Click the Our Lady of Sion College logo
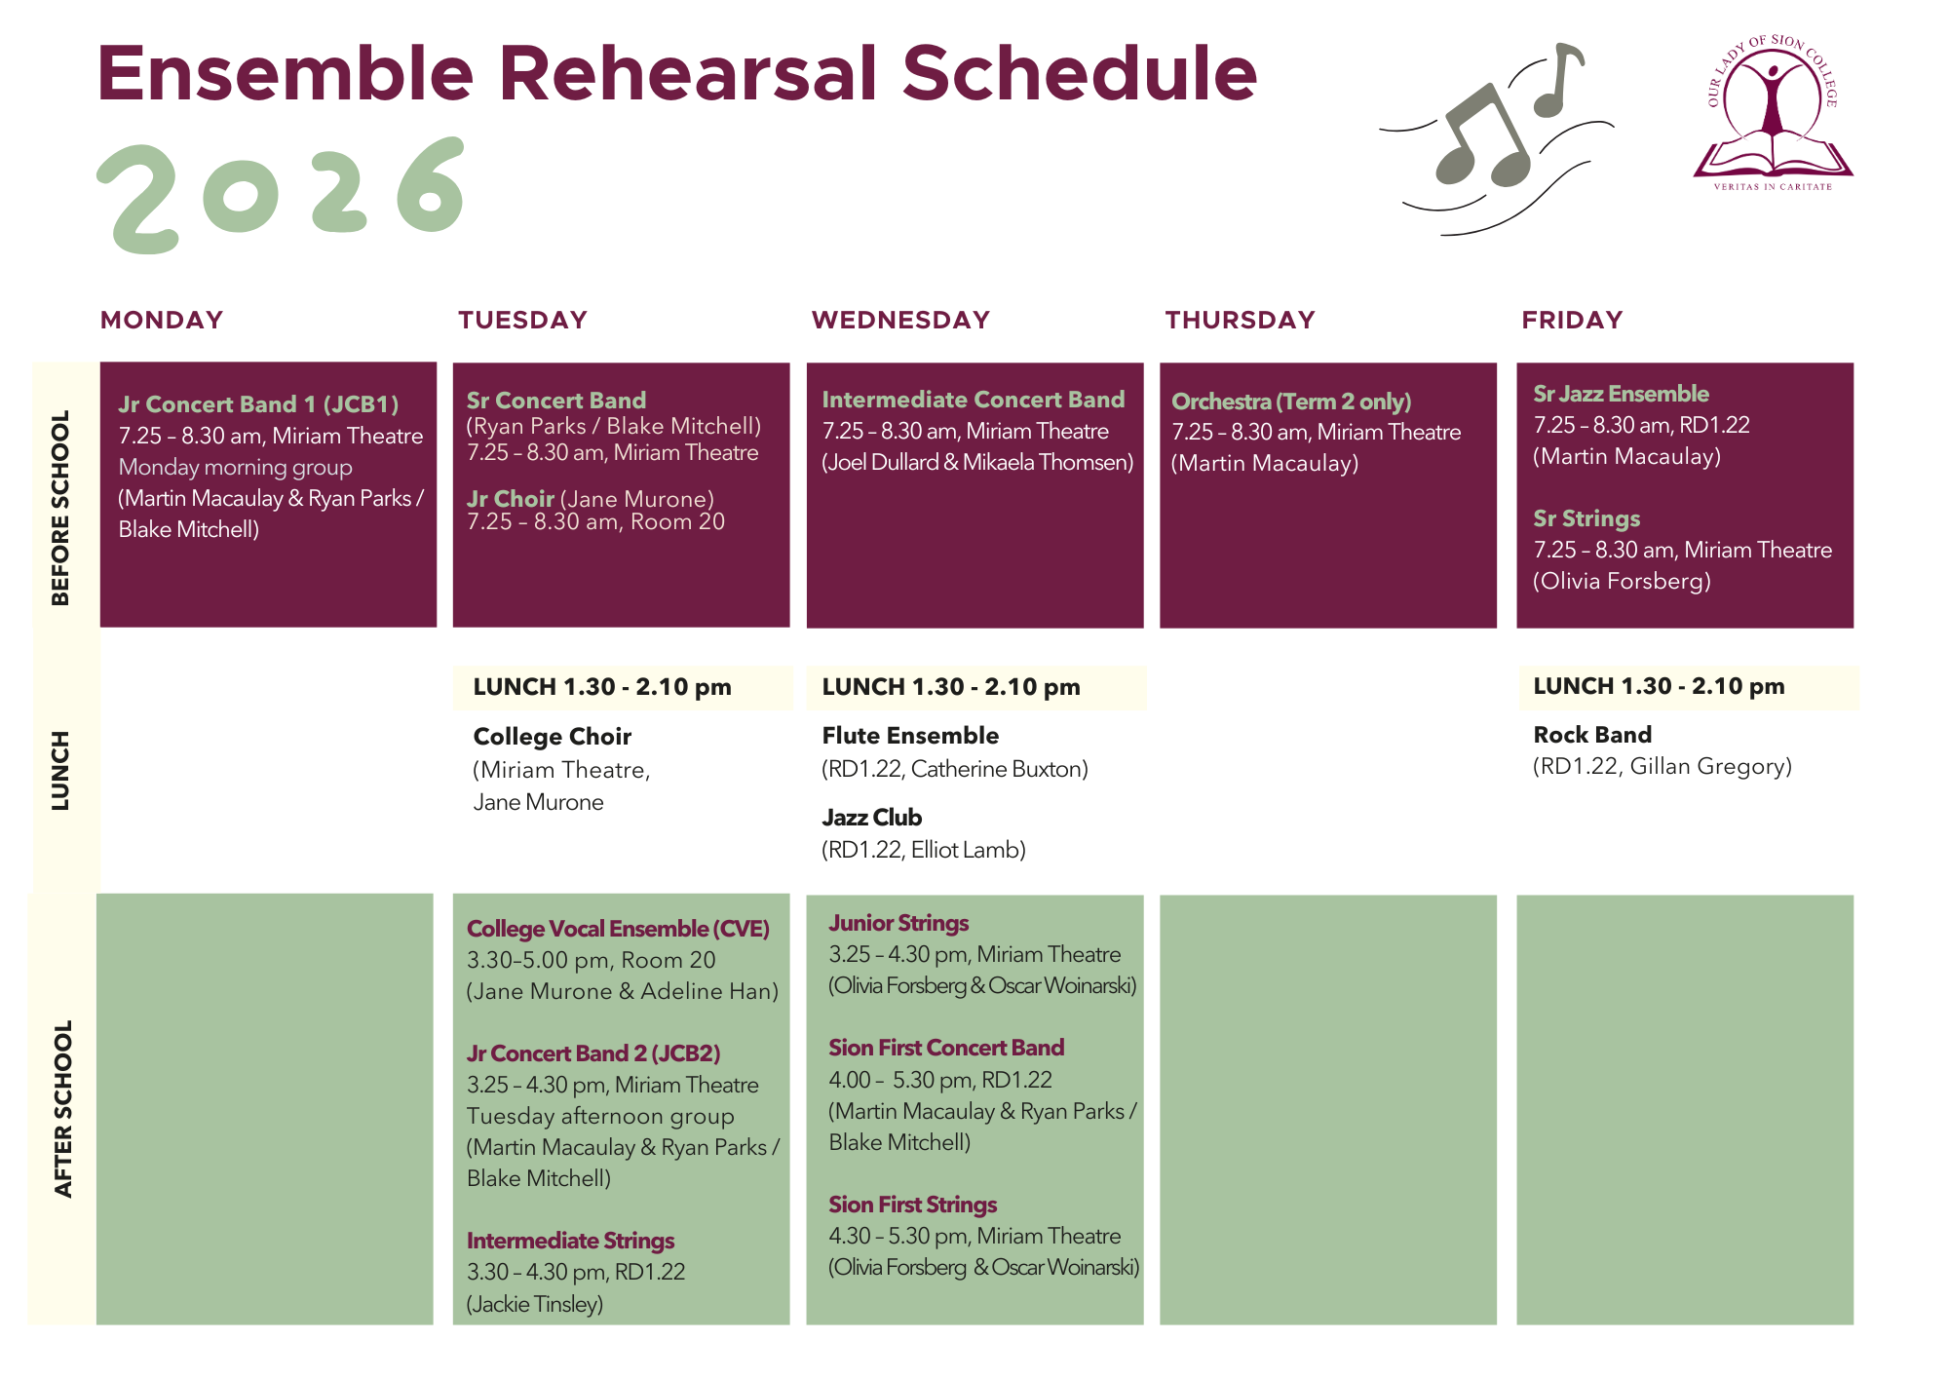tap(1773, 113)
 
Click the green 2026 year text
tap(281, 195)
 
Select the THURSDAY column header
tap(1240, 320)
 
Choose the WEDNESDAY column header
tap(900, 320)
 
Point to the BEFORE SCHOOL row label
tap(60, 508)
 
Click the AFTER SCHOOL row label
tap(63, 1109)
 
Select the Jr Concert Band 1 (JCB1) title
tap(258, 404)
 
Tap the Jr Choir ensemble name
tap(510, 499)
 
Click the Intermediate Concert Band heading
tap(973, 400)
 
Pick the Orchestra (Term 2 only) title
tap(1291, 402)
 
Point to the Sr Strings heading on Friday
tap(1586, 518)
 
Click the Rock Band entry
tap(1592, 735)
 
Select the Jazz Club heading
tap(871, 818)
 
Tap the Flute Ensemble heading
tap(910, 736)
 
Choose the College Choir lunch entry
tap(552, 737)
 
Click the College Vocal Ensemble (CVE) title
tap(618, 929)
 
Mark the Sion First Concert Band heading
tap(946, 1048)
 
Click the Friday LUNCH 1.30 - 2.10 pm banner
tap(1689, 687)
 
